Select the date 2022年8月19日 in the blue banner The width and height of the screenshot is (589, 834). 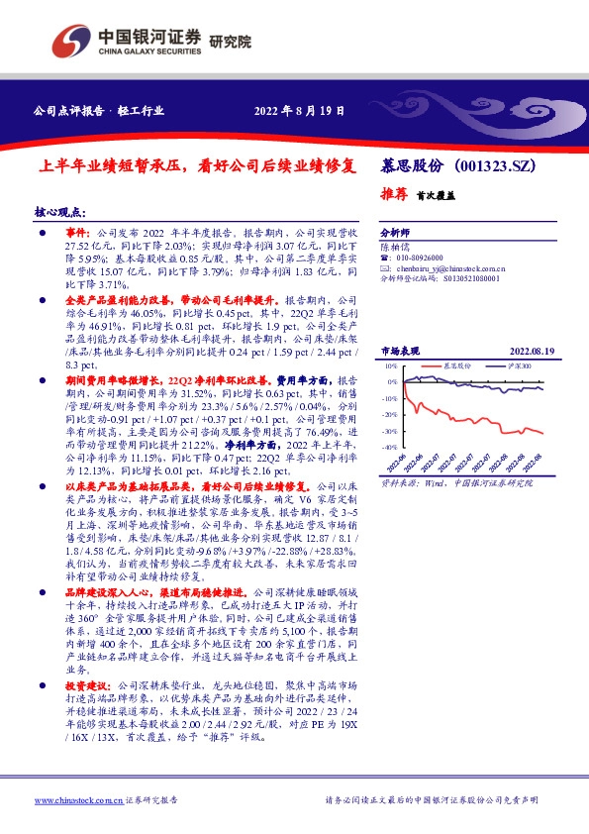coord(300,110)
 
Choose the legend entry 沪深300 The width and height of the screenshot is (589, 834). coord(516,365)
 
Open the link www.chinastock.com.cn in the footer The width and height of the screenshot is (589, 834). coord(78,799)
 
